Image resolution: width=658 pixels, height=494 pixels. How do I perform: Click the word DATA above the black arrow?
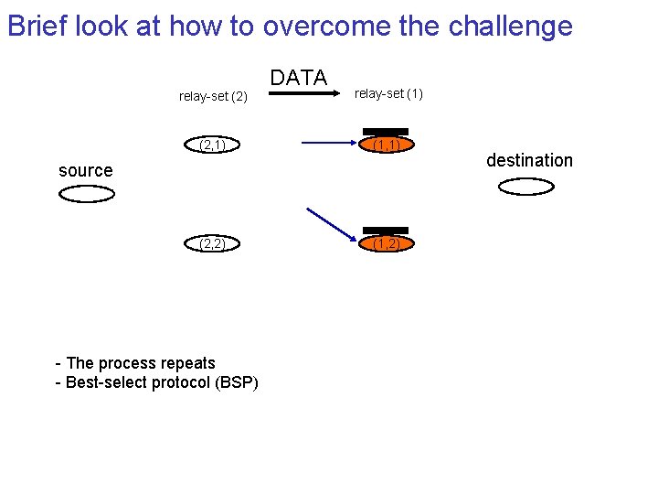pyautogui.click(x=299, y=79)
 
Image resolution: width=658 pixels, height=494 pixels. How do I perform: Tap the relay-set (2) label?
pyautogui.click(x=213, y=96)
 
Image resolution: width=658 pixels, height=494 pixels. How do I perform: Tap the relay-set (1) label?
pyautogui.click(x=388, y=93)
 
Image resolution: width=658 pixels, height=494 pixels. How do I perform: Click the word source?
pyautogui.click(x=85, y=170)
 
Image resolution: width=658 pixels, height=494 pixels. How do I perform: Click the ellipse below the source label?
pyautogui.click(x=87, y=194)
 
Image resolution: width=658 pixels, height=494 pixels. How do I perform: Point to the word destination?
pyautogui.click(x=529, y=160)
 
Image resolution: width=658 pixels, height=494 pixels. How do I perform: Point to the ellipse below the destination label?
pyautogui.click(x=526, y=187)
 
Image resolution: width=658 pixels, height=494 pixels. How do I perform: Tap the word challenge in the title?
pyautogui.click(x=510, y=27)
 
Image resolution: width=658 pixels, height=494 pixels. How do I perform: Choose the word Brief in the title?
pyautogui.click(x=37, y=27)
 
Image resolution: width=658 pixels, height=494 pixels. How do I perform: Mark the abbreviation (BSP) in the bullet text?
pyautogui.click(x=237, y=382)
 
